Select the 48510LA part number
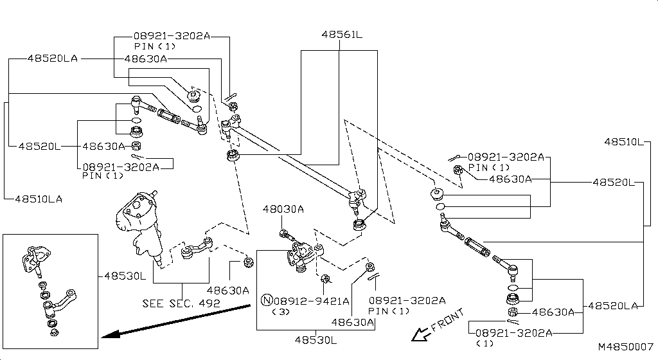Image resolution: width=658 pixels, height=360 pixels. pyautogui.click(x=39, y=199)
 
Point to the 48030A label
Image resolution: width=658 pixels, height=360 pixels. pyautogui.click(x=283, y=210)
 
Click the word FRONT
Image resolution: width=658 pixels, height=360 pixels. pyautogui.click(x=447, y=321)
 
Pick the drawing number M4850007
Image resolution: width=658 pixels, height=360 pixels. pyautogui.click(x=625, y=346)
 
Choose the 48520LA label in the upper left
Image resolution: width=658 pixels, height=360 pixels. pyautogui.click(x=52, y=58)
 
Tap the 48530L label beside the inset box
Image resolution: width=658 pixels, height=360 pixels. pyautogui.click(x=125, y=276)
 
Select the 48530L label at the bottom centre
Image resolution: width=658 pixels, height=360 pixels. pyautogui.click(x=316, y=339)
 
